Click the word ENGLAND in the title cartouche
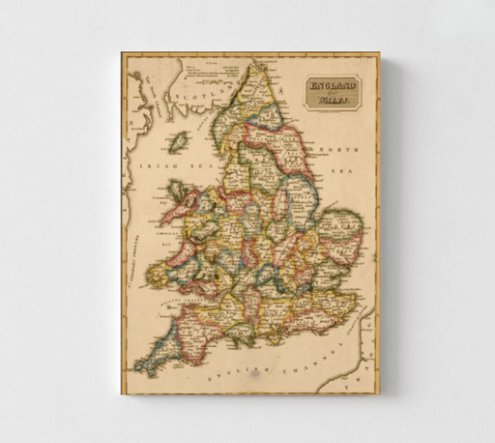pos(332,85)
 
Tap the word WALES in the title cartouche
pos(333,101)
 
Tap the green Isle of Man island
pos(178,143)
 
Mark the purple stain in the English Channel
pos(255,374)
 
